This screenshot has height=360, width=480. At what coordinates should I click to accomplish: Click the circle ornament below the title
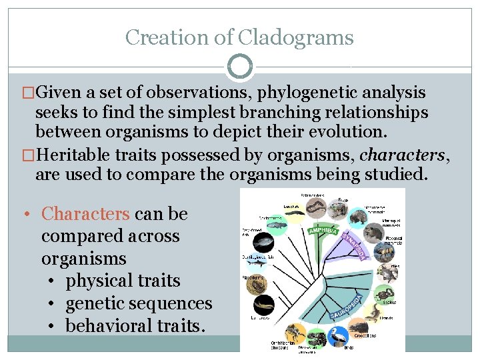240,67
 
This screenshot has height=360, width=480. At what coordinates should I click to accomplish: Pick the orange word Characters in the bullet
85,214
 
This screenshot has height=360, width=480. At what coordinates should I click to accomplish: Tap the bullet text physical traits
123,280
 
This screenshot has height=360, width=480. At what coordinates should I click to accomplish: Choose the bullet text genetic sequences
139,303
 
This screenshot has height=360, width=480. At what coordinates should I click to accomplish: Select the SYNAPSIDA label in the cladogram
357,245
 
